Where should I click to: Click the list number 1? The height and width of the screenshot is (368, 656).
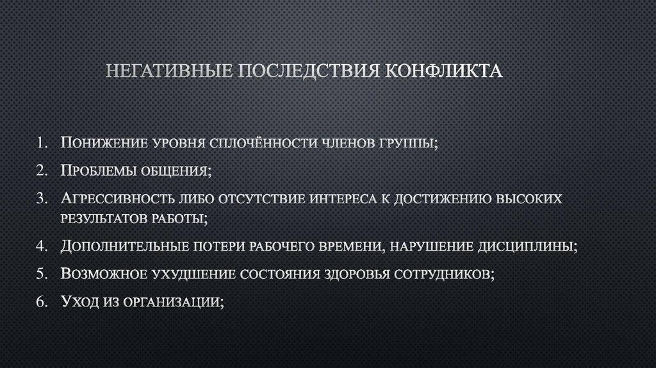pos(43,142)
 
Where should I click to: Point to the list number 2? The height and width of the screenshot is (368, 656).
pos(43,171)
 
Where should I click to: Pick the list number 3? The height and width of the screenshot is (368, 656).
pos(43,199)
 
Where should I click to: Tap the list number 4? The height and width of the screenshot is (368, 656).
pos(43,246)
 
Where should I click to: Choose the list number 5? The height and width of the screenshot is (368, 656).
pos(43,274)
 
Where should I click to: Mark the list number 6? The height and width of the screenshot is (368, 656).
pos(43,303)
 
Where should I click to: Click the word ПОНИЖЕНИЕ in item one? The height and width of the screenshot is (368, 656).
pos(102,142)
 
